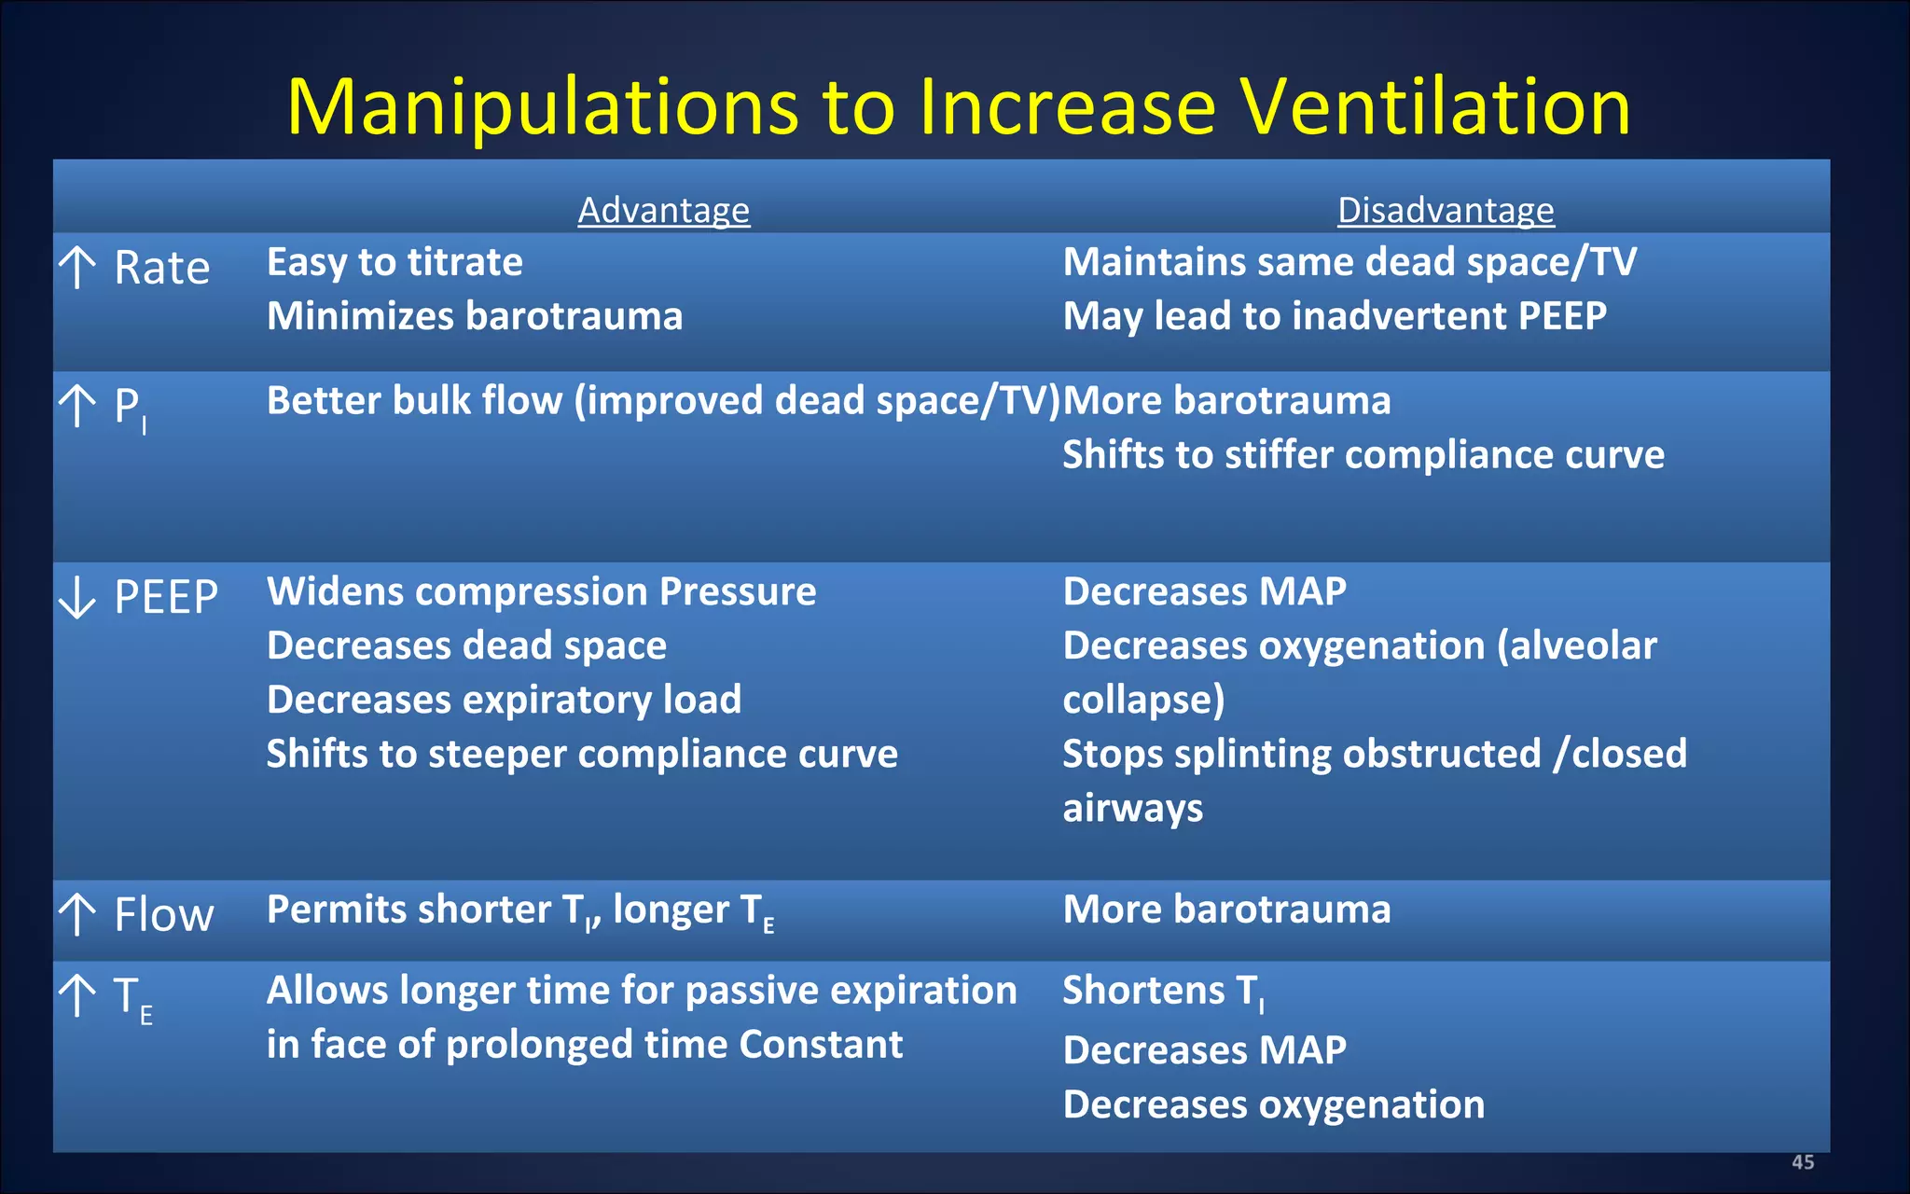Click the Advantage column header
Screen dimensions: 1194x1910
[x=663, y=210]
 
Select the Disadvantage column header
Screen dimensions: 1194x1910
[x=1446, y=210]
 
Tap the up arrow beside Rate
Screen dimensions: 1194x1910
[x=77, y=268]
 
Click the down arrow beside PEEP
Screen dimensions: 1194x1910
[x=77, y=597]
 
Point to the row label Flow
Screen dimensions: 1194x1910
[x=164, y=915]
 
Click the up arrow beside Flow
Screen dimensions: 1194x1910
[x=77, y=915]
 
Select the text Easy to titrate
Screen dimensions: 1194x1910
[x=394, y=262]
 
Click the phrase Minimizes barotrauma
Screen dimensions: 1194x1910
[x=475, y=316]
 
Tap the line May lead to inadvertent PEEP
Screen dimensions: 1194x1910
[x=1335, y=316]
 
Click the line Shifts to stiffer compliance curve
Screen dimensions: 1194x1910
[x=1363, y=455]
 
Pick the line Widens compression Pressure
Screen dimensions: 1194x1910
[x=541, y=591]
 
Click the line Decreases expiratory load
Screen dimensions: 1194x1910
[x=504, y=700]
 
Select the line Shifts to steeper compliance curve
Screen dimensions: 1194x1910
[x=582, y=754]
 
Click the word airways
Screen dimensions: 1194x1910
[x=1132, y=808]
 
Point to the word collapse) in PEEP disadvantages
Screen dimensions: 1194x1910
[x=1143, y=700]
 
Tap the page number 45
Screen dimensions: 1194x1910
[x=1803, y=1162]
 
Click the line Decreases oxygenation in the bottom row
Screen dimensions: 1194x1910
[x=1273, y=1104]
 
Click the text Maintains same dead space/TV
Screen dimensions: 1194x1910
[x=1349, y=262]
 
